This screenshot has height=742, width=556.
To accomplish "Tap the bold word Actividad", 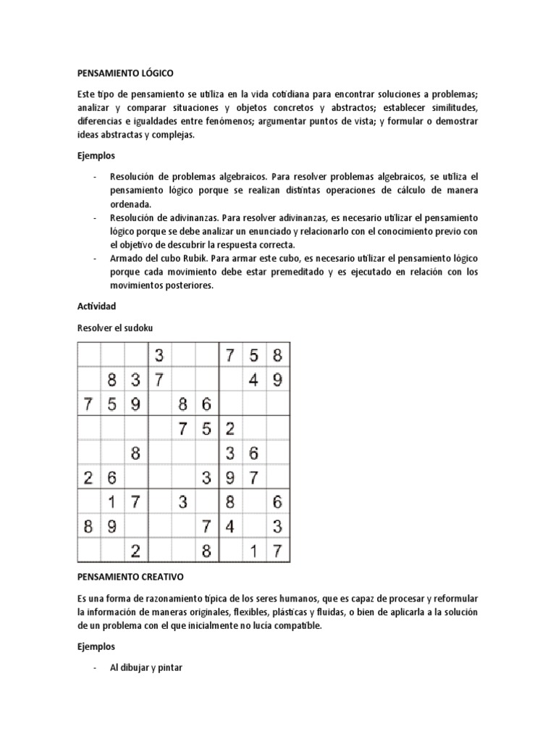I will tap(96, 307).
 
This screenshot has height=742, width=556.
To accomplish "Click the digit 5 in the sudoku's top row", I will tap(253, 356).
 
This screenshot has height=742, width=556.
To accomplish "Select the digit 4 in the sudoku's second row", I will tap(253, 380).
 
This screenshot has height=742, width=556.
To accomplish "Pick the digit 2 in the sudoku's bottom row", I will tap(135, 552).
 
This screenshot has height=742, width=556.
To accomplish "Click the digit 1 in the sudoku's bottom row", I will tap(253, 552).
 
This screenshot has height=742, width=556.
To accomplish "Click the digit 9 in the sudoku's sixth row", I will tap(230, 478).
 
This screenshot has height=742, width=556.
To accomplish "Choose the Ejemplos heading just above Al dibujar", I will tap(96, 645).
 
